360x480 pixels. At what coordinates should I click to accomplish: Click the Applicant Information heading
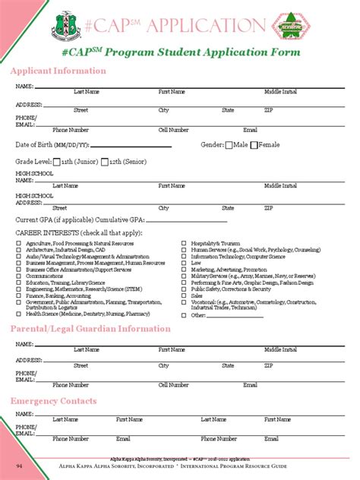click(58, 71)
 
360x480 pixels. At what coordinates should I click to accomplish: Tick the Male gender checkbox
click(229, 144)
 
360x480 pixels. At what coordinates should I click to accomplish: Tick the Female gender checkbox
click(255, 144)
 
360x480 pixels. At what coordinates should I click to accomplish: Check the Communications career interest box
click(19, 276)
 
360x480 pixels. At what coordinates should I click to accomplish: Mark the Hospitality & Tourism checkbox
click(184, 243)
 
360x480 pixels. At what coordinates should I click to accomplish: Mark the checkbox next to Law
click(184, 263)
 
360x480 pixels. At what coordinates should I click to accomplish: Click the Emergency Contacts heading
click(53, 400)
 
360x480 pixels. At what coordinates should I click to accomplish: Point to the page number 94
click(21, 464)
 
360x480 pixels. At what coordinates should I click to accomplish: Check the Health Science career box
click(19, 313)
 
